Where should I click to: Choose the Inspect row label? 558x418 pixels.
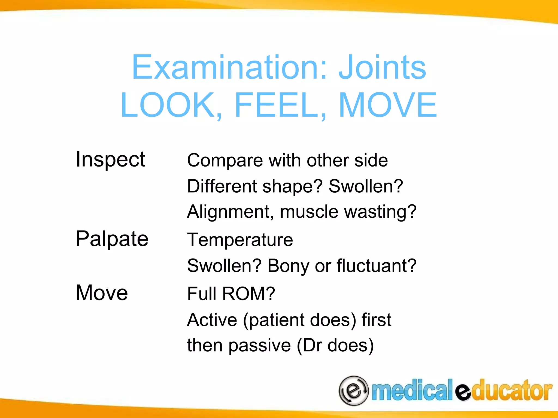[x=110, y=159]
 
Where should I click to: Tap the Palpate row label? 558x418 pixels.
[x=112, y=239]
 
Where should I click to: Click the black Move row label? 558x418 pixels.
[x=102, y=293]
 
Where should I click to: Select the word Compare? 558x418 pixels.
[x=225, y=161]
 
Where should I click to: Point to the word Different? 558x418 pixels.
[x=222, y=186]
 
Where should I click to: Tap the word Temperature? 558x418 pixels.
[x=240, y=240]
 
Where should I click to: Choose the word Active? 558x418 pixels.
[x=212, y=320]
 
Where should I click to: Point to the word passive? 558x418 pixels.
[x=260, y=346]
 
